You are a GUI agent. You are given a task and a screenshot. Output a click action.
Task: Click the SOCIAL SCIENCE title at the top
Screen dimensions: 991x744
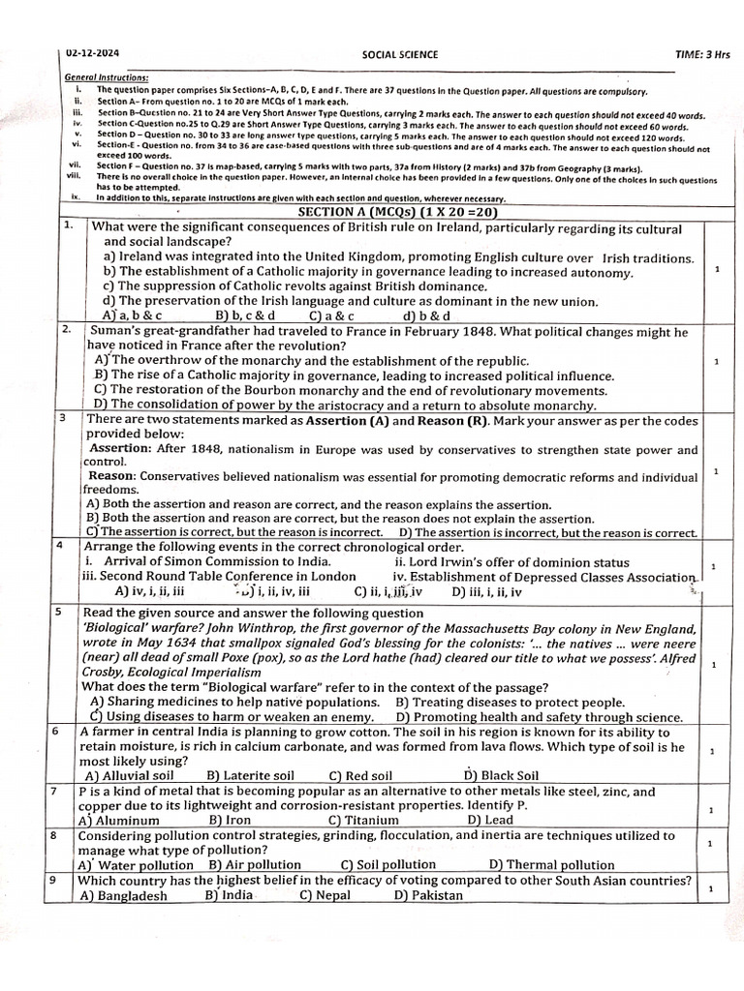pos(398,55)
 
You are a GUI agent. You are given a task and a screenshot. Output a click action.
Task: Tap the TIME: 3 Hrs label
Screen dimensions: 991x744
pos(702,55)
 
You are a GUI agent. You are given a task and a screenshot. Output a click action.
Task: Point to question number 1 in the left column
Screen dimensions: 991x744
pos(69,225)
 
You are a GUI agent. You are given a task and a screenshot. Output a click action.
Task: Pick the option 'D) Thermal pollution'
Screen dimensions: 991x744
pos(551,865)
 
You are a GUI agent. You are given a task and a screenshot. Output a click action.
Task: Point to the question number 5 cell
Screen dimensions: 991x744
pos(60,613)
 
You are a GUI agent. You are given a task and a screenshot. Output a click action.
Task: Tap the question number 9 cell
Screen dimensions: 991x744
pos(60,881)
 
